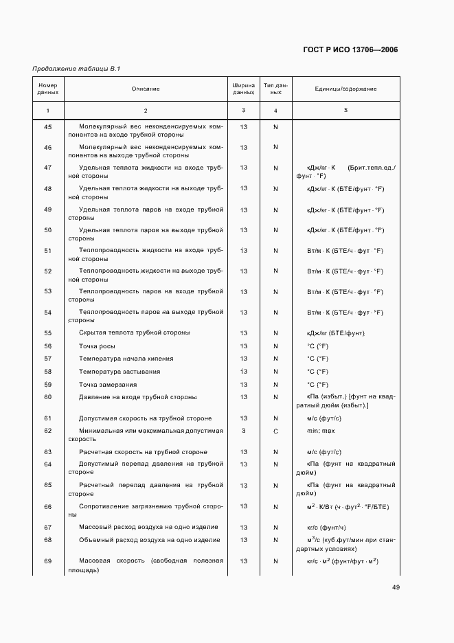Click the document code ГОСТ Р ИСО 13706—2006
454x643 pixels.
[x=350, y=49]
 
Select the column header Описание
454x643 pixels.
[x=146, y=89]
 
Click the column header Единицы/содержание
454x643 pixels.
[x=345, y=89]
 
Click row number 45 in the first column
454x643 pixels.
[x=48, y=127]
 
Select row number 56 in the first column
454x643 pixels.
[x=48, y=346]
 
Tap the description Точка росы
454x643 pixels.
[x=98, y=346]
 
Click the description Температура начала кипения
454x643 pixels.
[x=126, y=359]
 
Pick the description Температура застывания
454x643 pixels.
[x=120, y=372]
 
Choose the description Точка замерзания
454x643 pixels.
[x=108, y=385]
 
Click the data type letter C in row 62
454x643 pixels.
[x=275, y=431]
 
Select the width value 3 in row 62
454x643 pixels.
[x=244, y=431]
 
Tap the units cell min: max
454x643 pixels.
[x=320, y=431]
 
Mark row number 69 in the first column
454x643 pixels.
[x=48, y=561]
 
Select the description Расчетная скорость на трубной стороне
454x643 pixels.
[x=143, y=452]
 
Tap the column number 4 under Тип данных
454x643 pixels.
[x=275, y=111]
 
